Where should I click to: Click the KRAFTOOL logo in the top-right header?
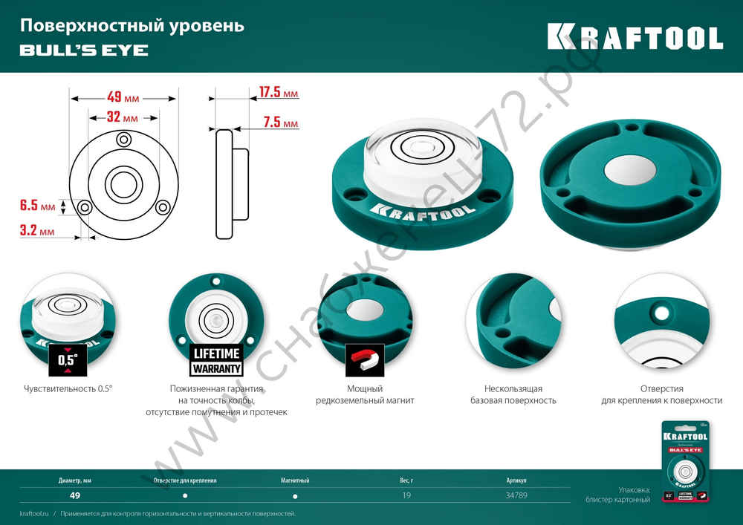pos(635,36)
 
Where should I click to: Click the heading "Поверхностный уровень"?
pos(132,26)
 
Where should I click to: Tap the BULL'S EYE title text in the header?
pos(83,50)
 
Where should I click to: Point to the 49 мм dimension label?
pos(123,97)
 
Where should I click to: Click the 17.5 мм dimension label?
pos(278,93)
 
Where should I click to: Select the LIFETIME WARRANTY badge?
pos(216,360)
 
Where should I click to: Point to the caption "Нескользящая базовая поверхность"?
pos(513,394)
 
